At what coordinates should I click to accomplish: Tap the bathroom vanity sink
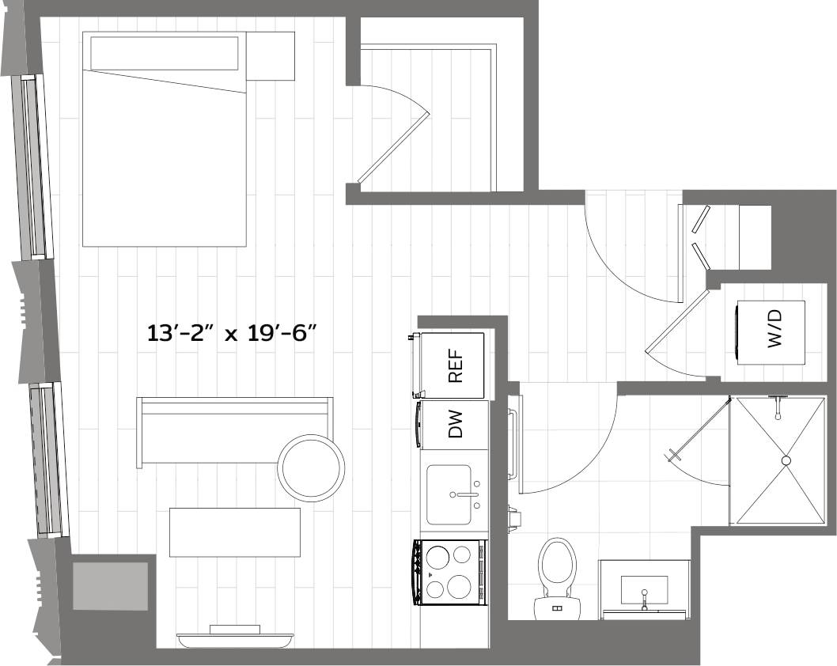click(644, 589)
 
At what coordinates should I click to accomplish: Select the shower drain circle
click(786, 460)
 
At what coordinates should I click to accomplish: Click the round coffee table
click(312, 467)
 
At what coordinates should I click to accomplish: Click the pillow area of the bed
click(164, 54)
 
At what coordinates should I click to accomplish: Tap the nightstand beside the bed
click(271, 55)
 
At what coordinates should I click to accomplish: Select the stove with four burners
click(449, 572)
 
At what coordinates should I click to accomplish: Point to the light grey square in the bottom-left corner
click(110, 586)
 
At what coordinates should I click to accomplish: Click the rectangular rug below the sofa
click(235, 532)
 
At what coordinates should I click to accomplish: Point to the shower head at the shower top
click(779, 403)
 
